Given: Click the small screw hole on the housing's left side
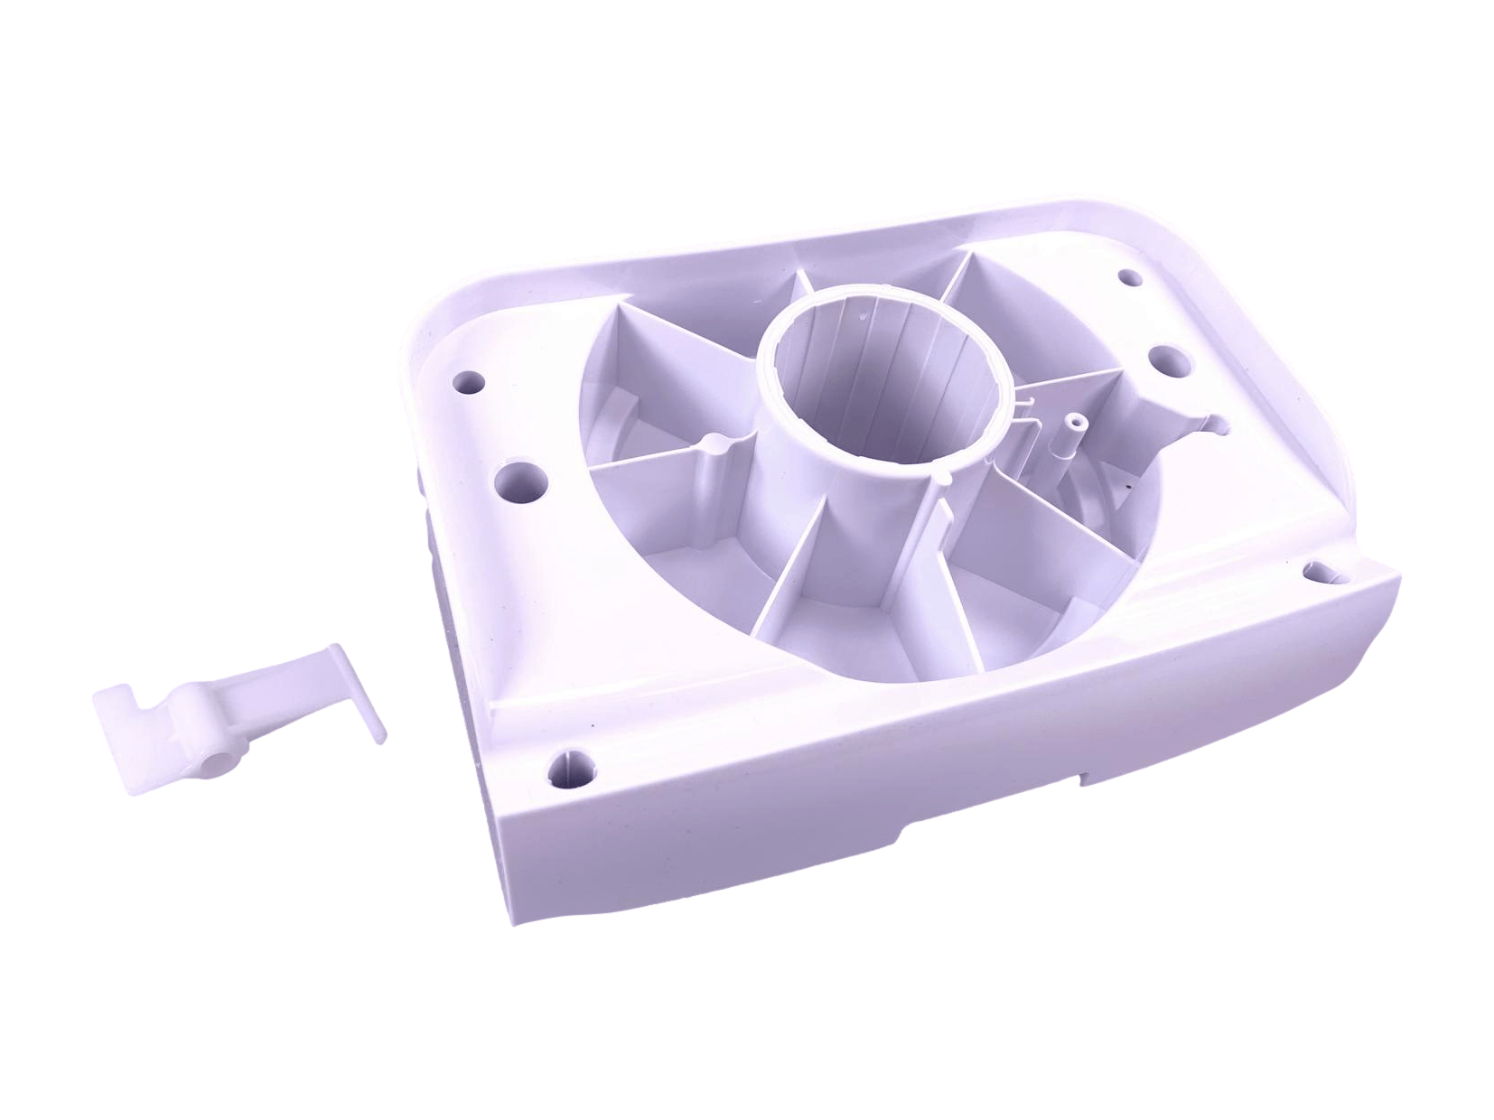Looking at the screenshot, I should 468,380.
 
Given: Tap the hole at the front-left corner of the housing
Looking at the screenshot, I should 572,766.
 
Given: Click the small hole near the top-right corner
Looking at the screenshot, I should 1126,276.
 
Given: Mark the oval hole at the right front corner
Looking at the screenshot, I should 1320,571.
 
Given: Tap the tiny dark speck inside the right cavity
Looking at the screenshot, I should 1126,488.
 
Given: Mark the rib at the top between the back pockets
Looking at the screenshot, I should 795,289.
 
